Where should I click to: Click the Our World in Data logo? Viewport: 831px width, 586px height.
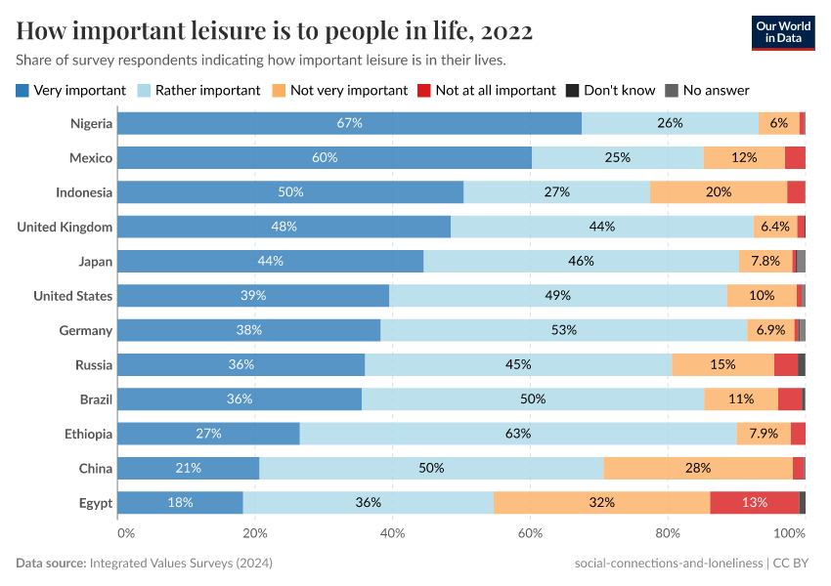tap(782, 32)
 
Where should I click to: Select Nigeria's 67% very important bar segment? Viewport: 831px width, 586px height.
tap(349, 123)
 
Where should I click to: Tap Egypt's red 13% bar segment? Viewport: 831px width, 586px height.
tap(755, 502)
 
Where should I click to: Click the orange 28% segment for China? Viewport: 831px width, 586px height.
tap(698, 468)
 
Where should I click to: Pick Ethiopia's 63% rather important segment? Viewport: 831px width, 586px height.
tap(518, 434)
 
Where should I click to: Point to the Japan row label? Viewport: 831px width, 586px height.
tap(95, 261)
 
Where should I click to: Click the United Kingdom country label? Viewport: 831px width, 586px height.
tap(65, 227)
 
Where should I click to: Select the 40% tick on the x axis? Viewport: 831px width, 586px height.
tap(392, 533)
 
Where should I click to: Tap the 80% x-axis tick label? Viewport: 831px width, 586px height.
tap(668, 533)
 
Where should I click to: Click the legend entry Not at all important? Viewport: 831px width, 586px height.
tap(495, 90)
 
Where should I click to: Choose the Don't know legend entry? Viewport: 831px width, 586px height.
tap(619, 90)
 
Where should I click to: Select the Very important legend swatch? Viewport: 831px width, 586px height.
tap(22, 90)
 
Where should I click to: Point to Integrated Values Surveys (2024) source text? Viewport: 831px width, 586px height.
tap(180, 564)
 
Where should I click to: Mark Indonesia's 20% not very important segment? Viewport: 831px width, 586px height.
tap(719, 192)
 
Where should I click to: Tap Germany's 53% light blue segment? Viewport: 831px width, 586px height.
tap(563, 330)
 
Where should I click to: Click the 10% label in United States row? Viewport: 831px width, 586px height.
tap(762, 296)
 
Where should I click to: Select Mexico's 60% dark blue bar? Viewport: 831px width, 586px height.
tap(325, 158)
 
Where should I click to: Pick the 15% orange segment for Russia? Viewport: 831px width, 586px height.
tap(722, 364)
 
